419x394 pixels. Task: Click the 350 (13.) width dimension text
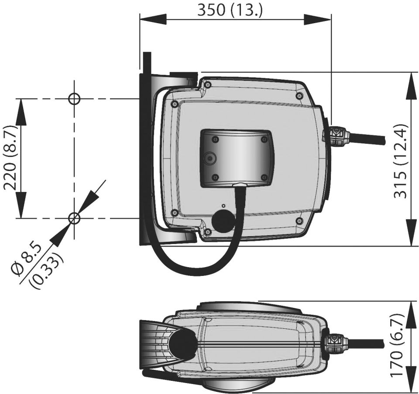pos(230,10)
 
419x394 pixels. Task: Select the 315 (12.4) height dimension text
pos(401,160)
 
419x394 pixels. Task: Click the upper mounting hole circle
pos(74,98)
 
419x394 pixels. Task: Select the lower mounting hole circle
pos(74,218)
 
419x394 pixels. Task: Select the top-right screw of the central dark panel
pos(263,139)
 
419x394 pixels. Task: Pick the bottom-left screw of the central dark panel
pos(214,177)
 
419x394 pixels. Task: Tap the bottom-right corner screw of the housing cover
pos(299,220)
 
